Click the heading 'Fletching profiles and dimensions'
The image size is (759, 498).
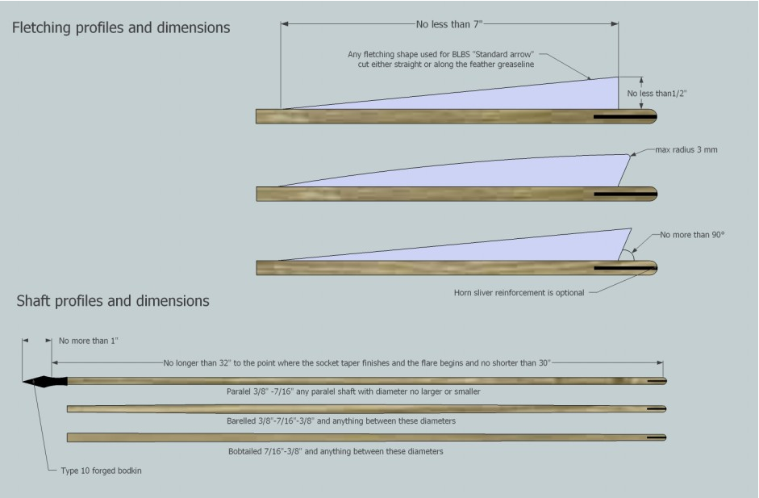tap(121, 28)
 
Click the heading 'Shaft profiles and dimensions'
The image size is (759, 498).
tap(113, 301)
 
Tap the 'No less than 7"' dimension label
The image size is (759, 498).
tap(449, 24)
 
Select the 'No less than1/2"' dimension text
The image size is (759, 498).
tap(657, 94)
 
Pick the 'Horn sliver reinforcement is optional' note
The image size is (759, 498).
tap(519, 292)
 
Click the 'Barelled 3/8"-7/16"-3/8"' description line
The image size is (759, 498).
tap(342, 421)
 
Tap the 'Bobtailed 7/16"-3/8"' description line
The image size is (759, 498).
tap(336, 451)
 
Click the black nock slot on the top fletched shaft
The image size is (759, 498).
tap(621, 116)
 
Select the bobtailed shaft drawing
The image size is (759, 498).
tap(363, 437)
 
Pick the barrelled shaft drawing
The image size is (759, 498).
tap(363, 408)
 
